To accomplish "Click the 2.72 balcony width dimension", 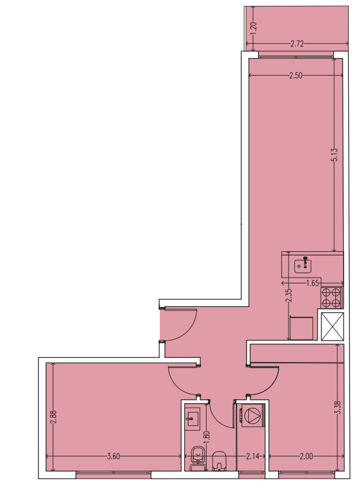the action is (297, 44).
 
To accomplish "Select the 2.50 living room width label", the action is (296, 76).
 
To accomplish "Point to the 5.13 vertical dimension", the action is (334, 155).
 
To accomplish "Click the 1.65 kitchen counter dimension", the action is (313, 283).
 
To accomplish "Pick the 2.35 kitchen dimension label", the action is (289, 296).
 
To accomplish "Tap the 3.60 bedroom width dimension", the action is (113, 456).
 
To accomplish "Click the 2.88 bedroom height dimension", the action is (53, 417).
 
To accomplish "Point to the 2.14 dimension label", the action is (252, 456).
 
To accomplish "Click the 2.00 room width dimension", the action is (306, 456).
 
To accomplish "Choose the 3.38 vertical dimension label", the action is (338, 407).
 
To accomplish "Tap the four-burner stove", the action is (331, 298).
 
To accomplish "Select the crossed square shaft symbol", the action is (332, 326).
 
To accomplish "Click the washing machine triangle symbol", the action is (252, 415).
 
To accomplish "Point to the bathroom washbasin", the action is (193, 419).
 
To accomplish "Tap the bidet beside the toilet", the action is (220, 460).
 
